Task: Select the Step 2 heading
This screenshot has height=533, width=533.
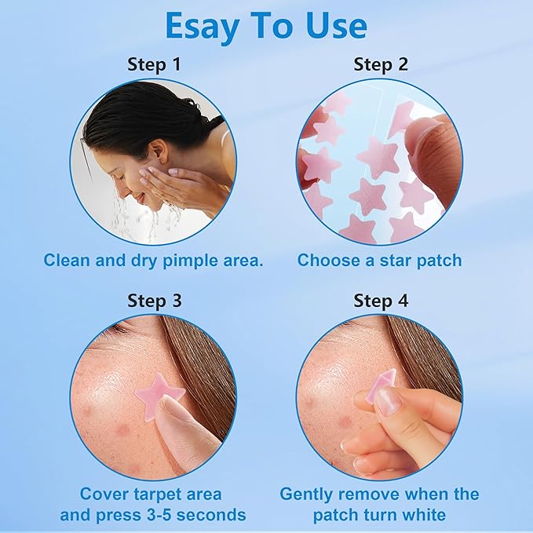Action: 380,64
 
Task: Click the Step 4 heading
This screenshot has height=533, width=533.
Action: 380,301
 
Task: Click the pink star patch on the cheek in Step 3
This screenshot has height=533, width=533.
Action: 158,392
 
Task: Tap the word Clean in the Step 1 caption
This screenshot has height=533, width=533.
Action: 64,260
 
